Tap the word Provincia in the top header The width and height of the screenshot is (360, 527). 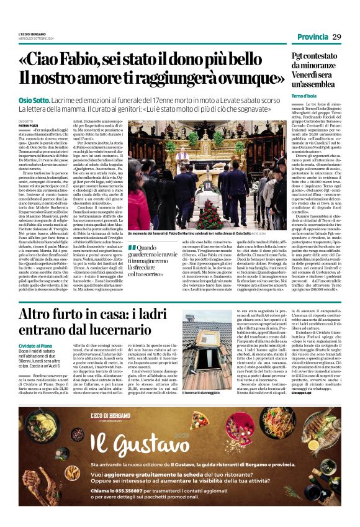(x=313, y=37)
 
